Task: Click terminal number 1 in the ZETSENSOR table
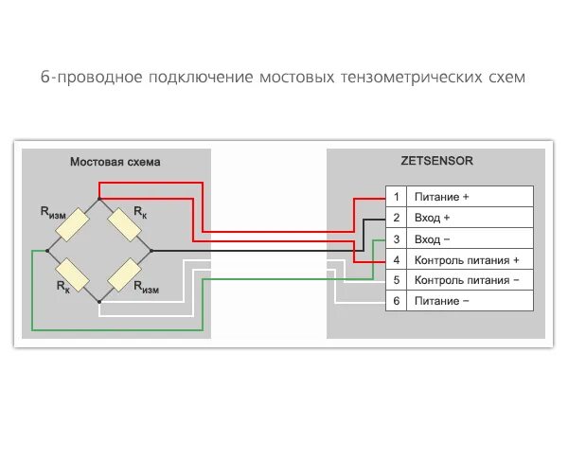pos(397,197)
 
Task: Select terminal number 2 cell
pos(397,218)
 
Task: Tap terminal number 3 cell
pos(397,238)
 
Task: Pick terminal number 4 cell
pos(397,259)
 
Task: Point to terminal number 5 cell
pos(397,280)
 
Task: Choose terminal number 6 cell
pos(397,301)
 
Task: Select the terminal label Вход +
pos(433,218)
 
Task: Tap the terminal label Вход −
pos(433,238)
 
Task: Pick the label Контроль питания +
pos(468,259)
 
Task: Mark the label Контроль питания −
pos(468,280)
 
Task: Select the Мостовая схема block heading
pos(115,162)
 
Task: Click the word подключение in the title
pos(198,77)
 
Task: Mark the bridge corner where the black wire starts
pos(151,251)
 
